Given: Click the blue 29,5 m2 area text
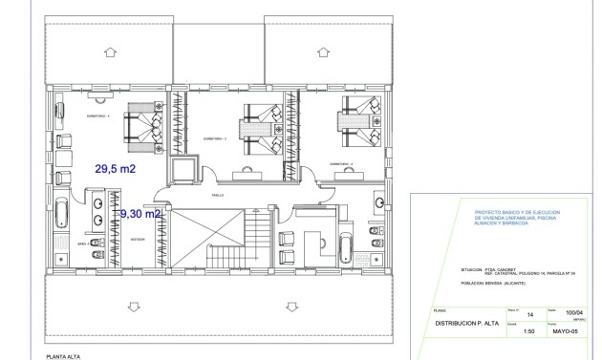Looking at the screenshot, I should (115, 168).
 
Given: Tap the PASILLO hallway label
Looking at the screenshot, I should (219, 194).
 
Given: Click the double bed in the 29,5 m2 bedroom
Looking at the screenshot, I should (142, 126).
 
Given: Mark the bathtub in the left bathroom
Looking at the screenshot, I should (60, 217).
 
